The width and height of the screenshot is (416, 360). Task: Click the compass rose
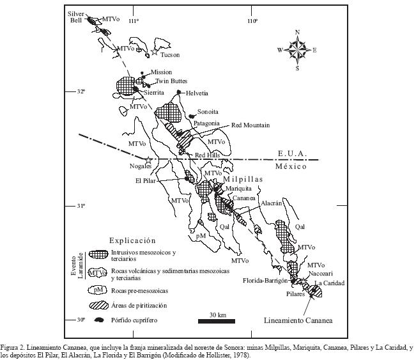[297, 49]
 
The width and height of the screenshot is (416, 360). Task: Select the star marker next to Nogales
[149, 161]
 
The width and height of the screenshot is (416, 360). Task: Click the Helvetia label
[197, 93]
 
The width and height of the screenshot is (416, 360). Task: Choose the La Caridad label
[329, 283]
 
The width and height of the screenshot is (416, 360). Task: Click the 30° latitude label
[81, 320]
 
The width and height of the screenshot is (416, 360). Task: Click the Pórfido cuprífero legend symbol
[97, 318]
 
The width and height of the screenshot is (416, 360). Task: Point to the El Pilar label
[146, 180]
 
